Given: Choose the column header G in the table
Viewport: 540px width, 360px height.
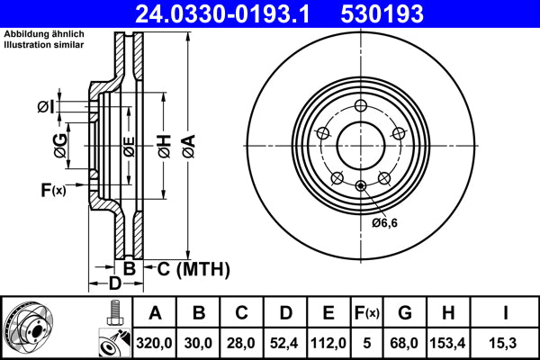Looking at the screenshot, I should point(405,313).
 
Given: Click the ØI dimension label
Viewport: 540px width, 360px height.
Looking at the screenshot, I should point(46,108).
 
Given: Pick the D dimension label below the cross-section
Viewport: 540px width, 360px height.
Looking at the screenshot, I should point(114,284).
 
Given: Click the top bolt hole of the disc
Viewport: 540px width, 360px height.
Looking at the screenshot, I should point(360,104).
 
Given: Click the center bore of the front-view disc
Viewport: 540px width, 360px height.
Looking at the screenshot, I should point(360,145).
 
